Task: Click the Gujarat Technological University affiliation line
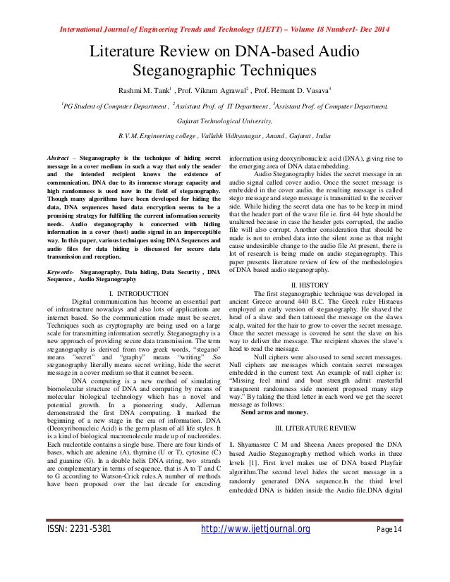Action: coord(225,120)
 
